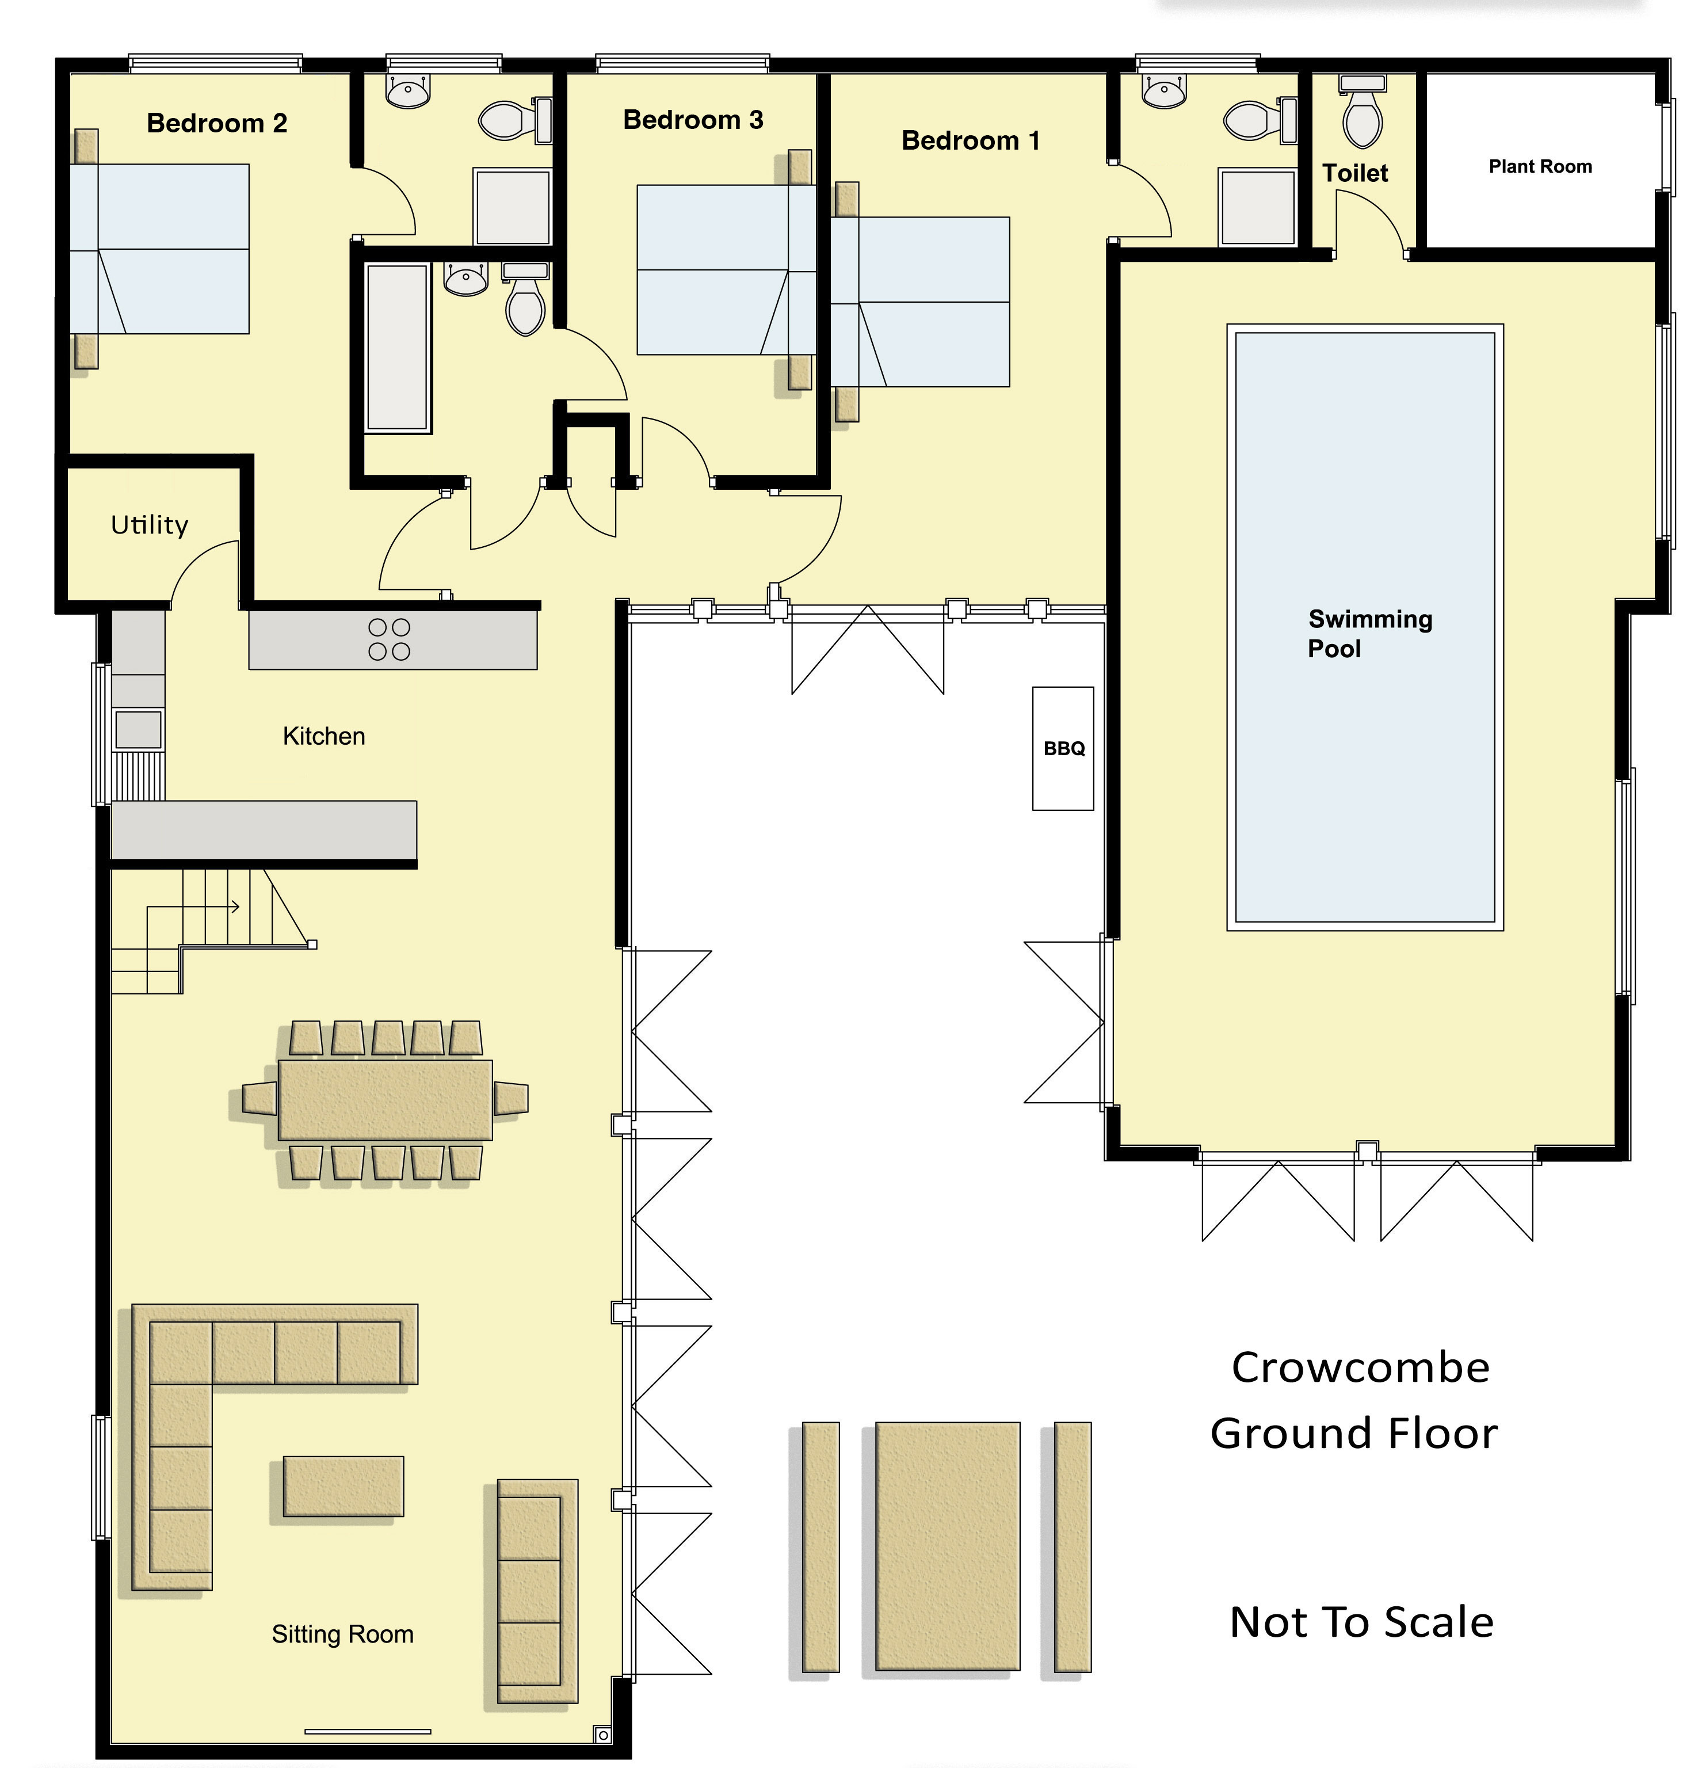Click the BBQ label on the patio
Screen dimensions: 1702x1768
1064,749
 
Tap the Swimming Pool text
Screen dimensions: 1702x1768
1369,633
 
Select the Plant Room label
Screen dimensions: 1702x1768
1540,167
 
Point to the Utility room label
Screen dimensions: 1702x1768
150,525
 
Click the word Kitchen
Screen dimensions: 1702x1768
324,736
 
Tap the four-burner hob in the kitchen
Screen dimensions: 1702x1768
390,639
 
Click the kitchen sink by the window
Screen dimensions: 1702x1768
138,729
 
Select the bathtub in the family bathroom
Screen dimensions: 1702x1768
397,347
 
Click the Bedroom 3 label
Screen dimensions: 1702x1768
693,120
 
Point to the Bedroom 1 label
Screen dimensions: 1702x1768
971,141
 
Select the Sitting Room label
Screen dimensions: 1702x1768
343,1634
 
